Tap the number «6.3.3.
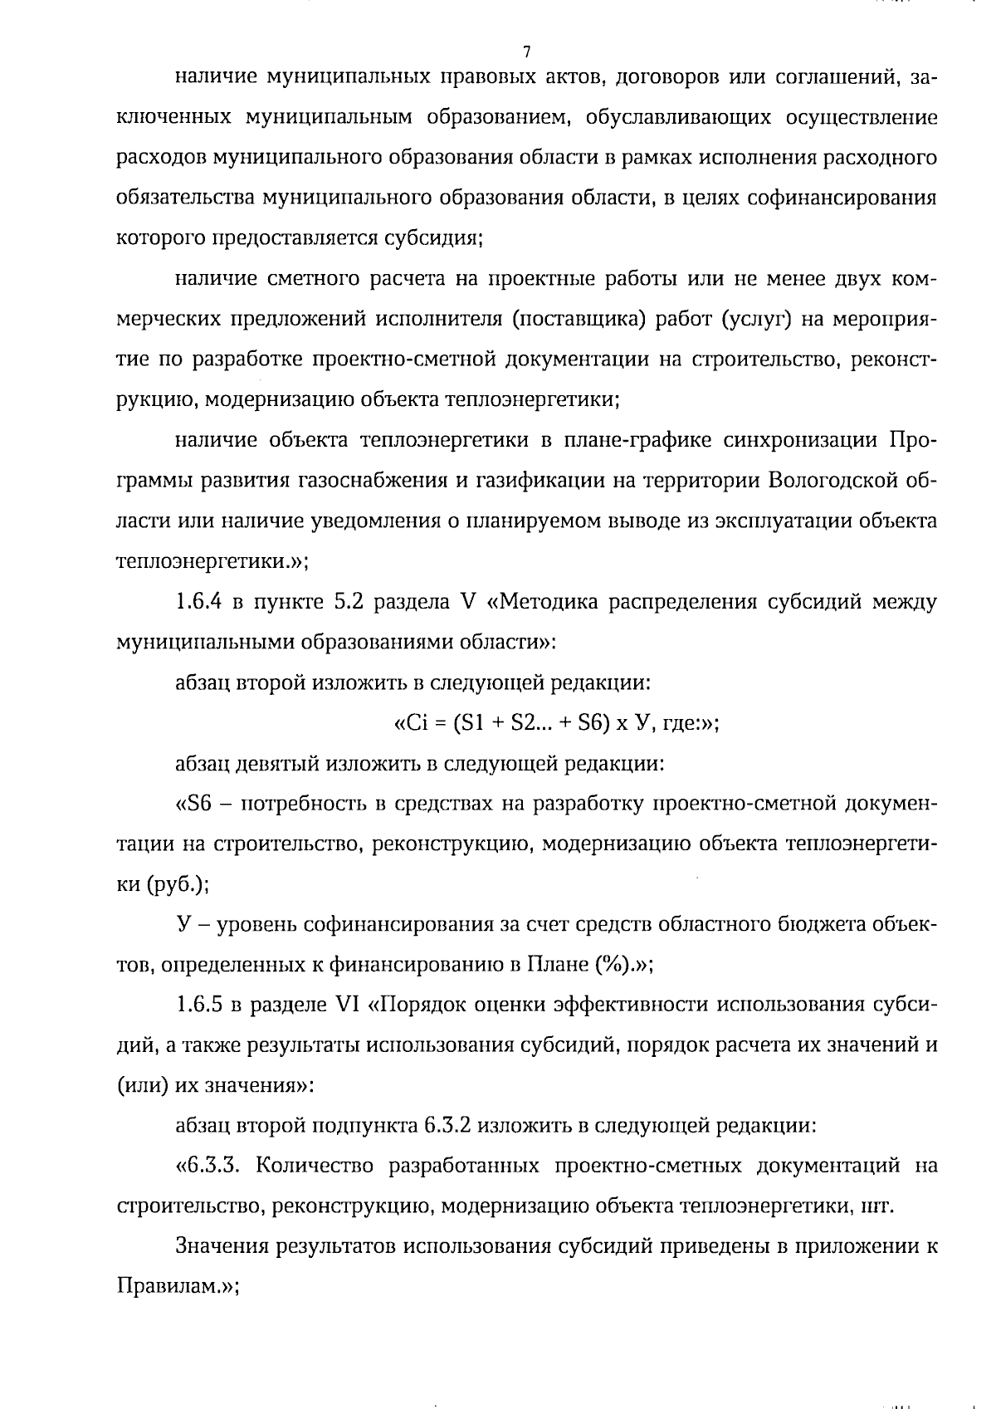tap(208, 1166)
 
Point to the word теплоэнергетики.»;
tap(211, 561)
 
